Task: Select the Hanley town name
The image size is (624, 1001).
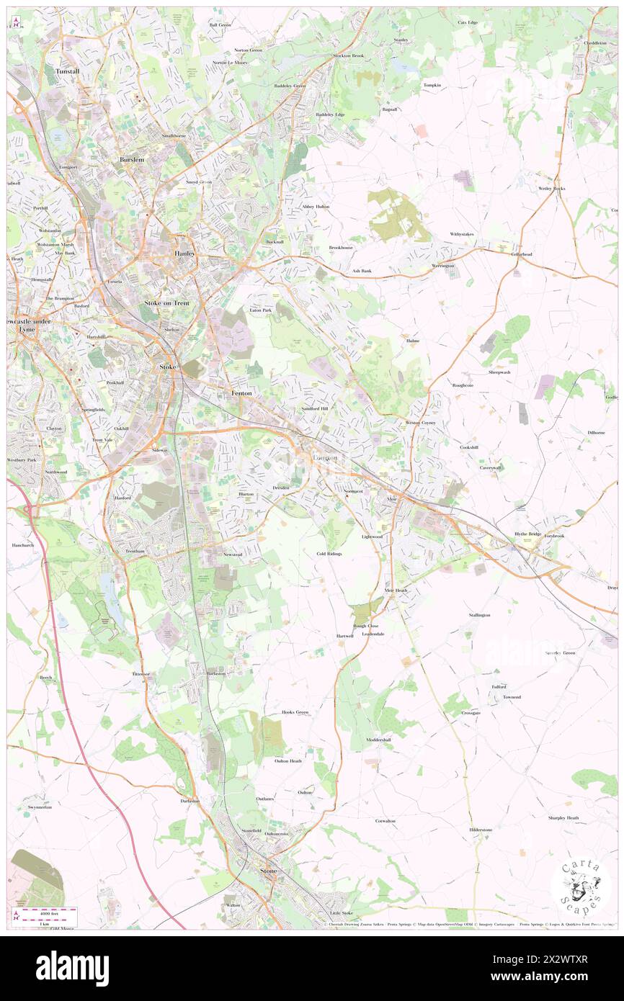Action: click(186, 253)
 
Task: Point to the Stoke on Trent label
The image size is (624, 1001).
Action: click(167, 303)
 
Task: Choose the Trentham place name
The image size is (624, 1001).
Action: click(126, 551)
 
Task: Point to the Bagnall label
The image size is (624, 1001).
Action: click(390, 109)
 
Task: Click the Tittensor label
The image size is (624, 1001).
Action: click(141, 673)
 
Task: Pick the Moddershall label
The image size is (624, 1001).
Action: click(378, 740)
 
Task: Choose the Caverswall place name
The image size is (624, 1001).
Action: click(492, 467)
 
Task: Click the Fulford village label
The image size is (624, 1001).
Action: click(499, 686)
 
